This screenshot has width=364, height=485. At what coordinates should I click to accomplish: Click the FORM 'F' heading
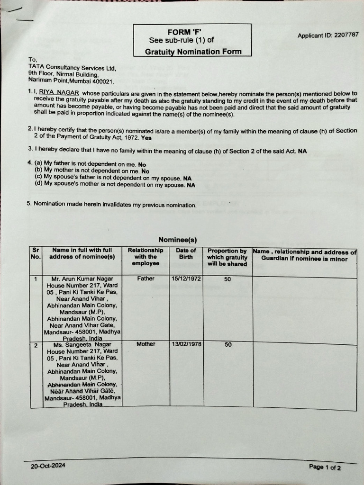pyautogui.click(x=191, y=32)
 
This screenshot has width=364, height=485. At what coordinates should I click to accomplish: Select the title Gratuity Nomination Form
pyautogui.click(x=193, y=52)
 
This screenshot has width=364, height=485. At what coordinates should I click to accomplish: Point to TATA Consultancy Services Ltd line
pyautogui.click(x=72, y=67)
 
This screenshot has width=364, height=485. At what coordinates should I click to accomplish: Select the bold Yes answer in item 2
pyautogui.click(x=146, y=138)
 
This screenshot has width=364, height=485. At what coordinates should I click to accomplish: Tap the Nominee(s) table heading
pyautogui.click(x=178, y=240)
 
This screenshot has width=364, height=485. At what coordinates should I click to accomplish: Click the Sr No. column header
pyautogui.click(x=36, y=253)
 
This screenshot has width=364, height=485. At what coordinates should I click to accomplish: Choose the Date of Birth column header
pyautogui.click(x=186, y=253)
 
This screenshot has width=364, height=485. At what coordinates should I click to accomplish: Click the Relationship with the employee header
pyautogui.click(x=146, y=256)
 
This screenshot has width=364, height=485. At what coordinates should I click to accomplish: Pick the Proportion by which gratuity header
pyautogui.click(x=227, y=257)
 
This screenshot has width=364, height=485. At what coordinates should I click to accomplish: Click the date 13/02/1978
pyautogui.click(x=186, y=344)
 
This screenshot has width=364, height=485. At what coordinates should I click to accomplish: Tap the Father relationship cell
pyautogui.click(x=146, y=278)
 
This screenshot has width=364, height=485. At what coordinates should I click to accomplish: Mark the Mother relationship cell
pyautogui.click(x=146, y=344)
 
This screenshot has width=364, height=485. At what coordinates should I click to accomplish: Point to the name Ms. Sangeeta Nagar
pyautogui.click(x=80, y=345)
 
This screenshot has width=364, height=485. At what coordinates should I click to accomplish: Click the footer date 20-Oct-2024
pyautogui.click(x=48, y=466)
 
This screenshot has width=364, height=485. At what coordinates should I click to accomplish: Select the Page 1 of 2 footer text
pyautogui.click(x=325, y=467)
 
